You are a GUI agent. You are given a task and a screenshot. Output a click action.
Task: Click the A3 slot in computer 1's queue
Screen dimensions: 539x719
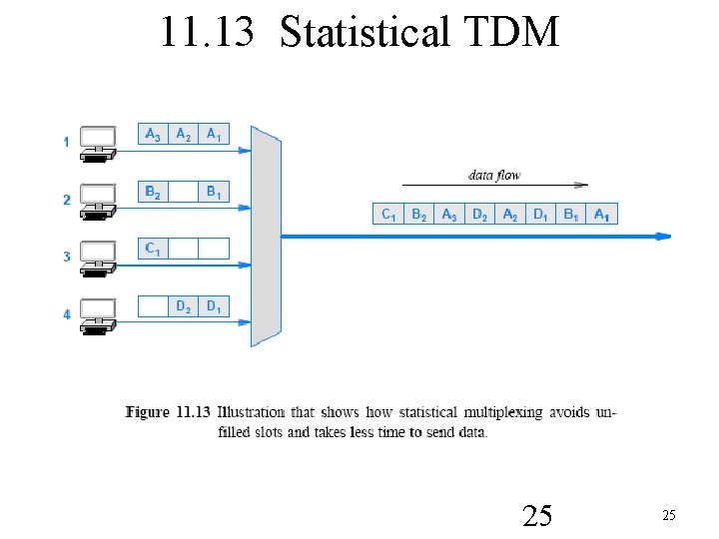coord(153,134)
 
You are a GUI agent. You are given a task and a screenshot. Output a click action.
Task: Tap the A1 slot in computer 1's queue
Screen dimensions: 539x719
coord(214,134)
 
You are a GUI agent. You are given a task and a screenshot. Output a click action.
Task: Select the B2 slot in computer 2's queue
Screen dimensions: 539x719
coord(153,192)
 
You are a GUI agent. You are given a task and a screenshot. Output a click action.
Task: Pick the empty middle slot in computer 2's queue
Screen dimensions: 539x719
coord(184,192)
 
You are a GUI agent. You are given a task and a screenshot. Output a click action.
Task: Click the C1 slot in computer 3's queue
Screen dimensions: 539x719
coord(153,249)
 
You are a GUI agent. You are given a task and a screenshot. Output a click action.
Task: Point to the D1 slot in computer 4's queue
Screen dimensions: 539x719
coord(214,306)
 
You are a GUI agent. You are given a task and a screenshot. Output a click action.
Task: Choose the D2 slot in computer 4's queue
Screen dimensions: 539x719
coord(184,306)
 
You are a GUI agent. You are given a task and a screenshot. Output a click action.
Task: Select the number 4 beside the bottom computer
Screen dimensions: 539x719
coord(67,314)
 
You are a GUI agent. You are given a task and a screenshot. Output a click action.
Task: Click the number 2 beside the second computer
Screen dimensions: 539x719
coord(67,200)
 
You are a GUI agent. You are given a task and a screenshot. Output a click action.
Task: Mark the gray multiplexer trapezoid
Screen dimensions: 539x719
coord(266,236)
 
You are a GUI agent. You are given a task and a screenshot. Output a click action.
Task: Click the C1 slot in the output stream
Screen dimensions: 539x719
coord(388,214)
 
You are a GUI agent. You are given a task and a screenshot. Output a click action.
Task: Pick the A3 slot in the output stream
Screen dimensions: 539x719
coord(449,214)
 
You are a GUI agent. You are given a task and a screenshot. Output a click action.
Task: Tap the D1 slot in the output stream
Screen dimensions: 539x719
coord(540,214)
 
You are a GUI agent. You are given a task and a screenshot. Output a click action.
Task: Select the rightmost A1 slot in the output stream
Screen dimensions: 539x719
coord(602,214)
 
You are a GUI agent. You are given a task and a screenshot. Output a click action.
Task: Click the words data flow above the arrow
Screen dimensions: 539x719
coord(494,176)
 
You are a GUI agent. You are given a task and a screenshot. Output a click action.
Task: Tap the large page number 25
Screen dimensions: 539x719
coord(537,515)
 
